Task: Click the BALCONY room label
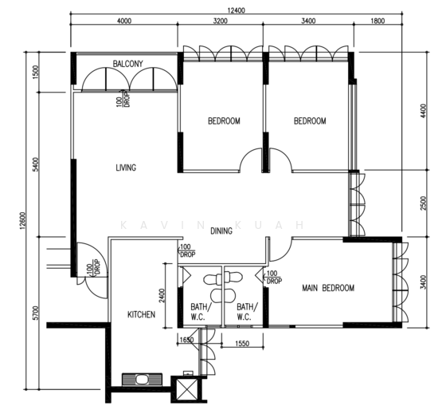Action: coord(127,64)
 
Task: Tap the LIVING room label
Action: coord(126,168)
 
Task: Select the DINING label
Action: coord(221,231)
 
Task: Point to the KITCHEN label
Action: coord(141,314)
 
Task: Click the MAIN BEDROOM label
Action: coord(328,288)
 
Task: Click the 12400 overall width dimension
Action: coord(236,10)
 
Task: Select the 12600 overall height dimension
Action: coord(22,221)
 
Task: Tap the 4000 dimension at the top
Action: coord(123,21)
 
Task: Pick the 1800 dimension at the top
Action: coord(377,21)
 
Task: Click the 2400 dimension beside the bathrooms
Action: coord(162,296)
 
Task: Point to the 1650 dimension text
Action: coord(186,340)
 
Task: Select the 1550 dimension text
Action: coord(242,343)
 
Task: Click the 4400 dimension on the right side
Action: coord(423,111)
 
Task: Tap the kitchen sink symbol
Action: coord(143,380)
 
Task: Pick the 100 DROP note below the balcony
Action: coord(123,100)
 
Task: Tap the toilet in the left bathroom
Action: coord(213,279)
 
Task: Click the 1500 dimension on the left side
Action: coord(35,73)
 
